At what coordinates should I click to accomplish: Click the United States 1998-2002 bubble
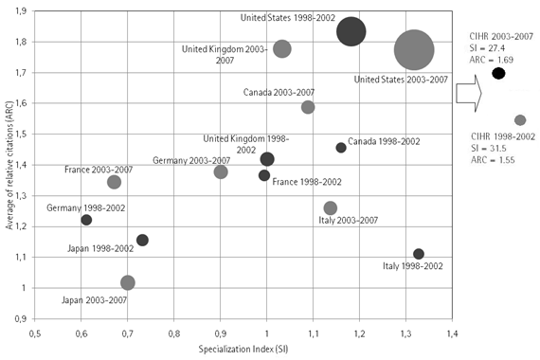351,31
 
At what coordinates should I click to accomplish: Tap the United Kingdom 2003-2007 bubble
281,48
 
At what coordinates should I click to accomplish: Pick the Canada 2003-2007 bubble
308,107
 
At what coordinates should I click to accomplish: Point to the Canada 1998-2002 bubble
341,147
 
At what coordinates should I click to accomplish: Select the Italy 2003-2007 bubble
331,207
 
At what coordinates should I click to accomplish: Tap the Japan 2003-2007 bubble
128,282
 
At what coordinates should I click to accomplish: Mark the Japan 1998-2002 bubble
142,240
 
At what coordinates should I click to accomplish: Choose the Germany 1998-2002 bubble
86,220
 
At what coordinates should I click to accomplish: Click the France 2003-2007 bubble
115,182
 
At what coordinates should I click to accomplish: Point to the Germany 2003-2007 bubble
221,171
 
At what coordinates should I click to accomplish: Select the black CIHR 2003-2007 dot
498,73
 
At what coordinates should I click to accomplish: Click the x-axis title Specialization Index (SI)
244,350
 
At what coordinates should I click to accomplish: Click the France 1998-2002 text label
302,180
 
